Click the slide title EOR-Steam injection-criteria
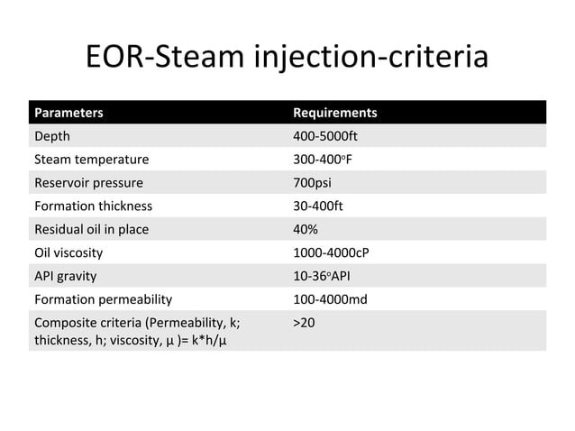[287, 59]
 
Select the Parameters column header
[68, 114]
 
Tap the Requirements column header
[335, 114]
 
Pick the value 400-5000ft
[326, 136]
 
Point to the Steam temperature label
[91, 160]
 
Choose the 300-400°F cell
[321, 160]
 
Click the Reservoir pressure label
[88, 183]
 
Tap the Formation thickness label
[93, 206]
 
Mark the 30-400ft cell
[318, 206]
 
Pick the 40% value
[307, 229]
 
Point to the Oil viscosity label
[68, 252]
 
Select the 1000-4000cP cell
[331, 252]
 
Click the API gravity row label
[65, 276]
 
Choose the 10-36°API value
[324, 276]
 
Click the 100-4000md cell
[331, 298]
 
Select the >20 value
[305, 322]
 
